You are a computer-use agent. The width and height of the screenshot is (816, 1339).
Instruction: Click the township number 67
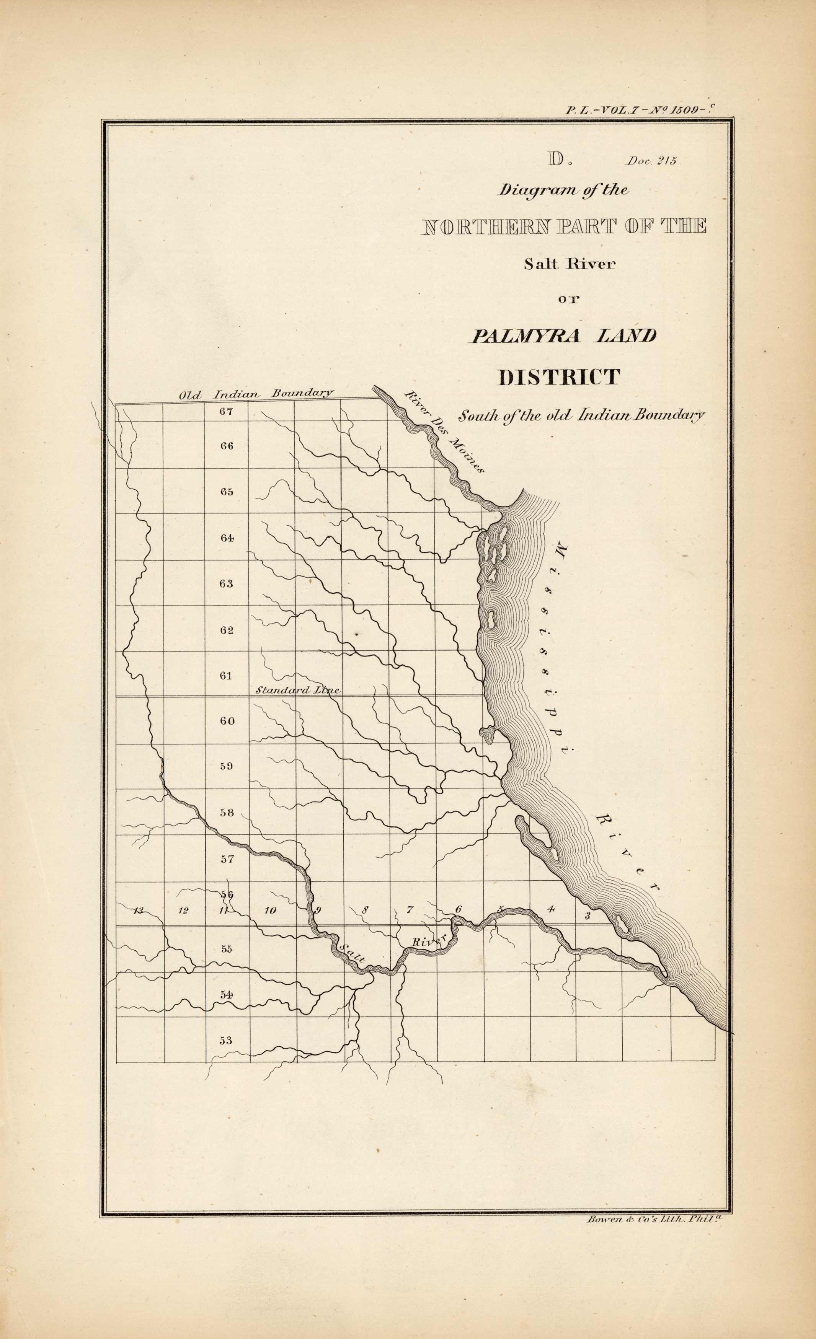point(226,411)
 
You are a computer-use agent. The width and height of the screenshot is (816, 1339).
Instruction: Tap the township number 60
point(227,721)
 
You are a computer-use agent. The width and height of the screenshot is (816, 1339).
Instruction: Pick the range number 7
point(410,909)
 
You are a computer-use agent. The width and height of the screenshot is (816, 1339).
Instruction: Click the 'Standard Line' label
point(297,690)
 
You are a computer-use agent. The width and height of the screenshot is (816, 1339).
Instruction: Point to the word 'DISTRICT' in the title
point(559,377)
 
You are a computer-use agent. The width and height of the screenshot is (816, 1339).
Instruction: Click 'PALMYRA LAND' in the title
point(563,336)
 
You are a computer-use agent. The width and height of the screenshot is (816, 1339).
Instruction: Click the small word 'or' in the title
point(569,298)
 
